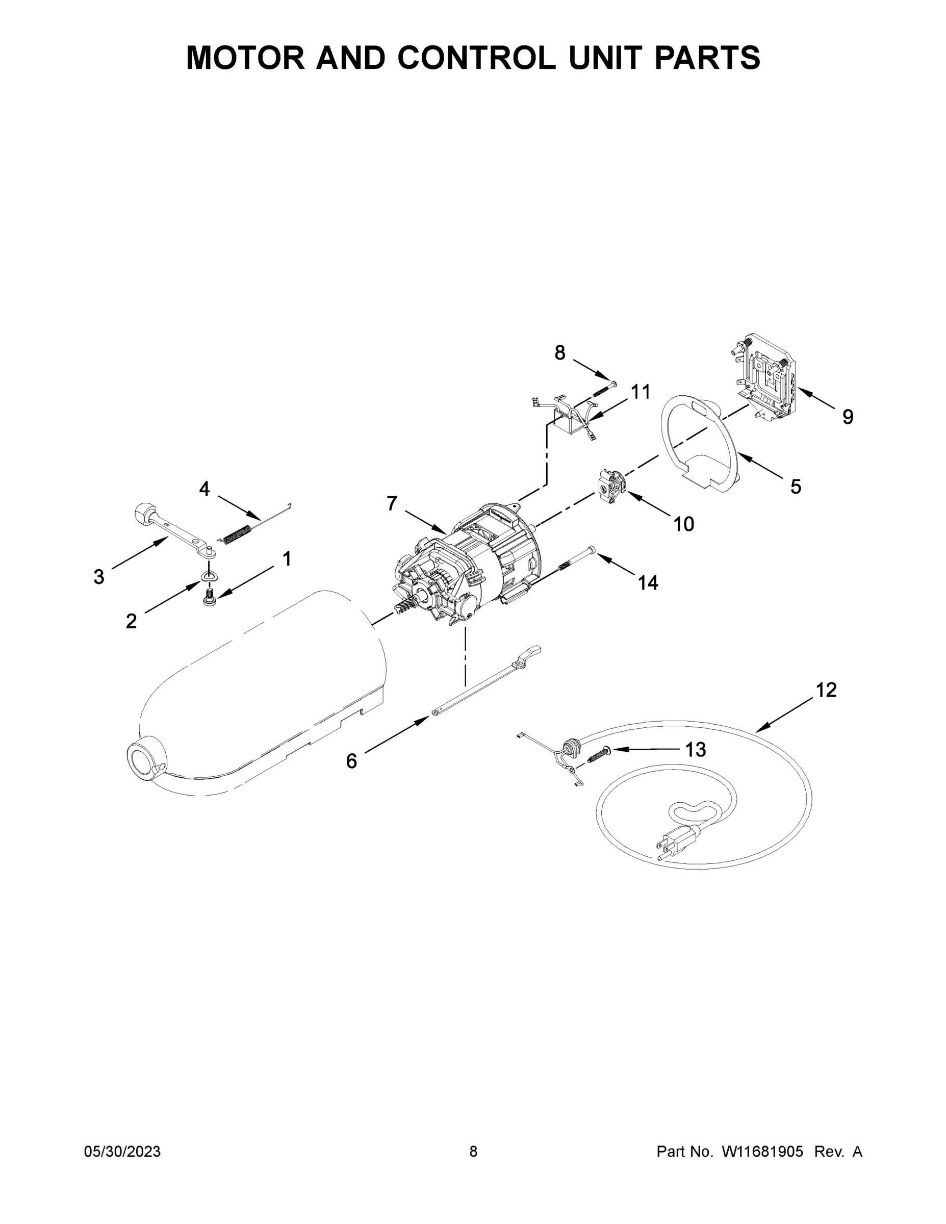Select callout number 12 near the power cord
click(x=826, y=690)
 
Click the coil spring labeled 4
click(x=237, y=533)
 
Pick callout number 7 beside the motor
click(x=392, y=503)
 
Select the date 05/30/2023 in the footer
click(x=122, y=1151)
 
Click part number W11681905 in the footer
click(x=762, y=1151)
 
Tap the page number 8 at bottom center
click(x=473, y=1151)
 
